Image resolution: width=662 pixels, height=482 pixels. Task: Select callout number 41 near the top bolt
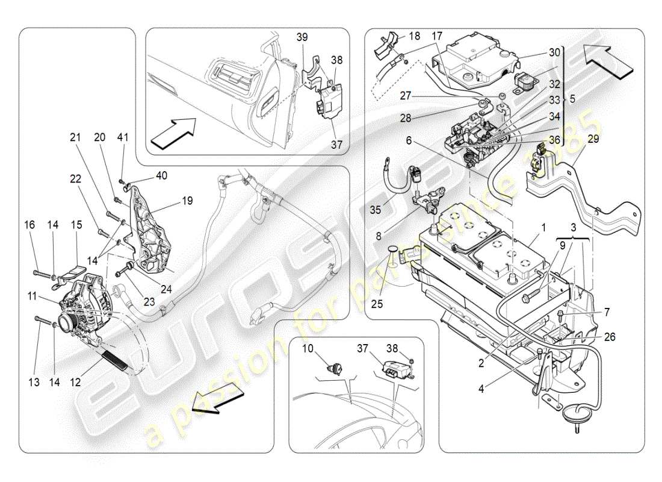click(x=123, y=139)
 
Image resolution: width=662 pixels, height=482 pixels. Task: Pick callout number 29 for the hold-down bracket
click(x=593, y=139)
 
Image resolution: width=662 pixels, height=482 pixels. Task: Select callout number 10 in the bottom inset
click(x=308, y=349)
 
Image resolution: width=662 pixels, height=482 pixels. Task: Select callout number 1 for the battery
click(x=543, y=228)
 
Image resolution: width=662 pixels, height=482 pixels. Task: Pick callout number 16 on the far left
click(x=29, y=225)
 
